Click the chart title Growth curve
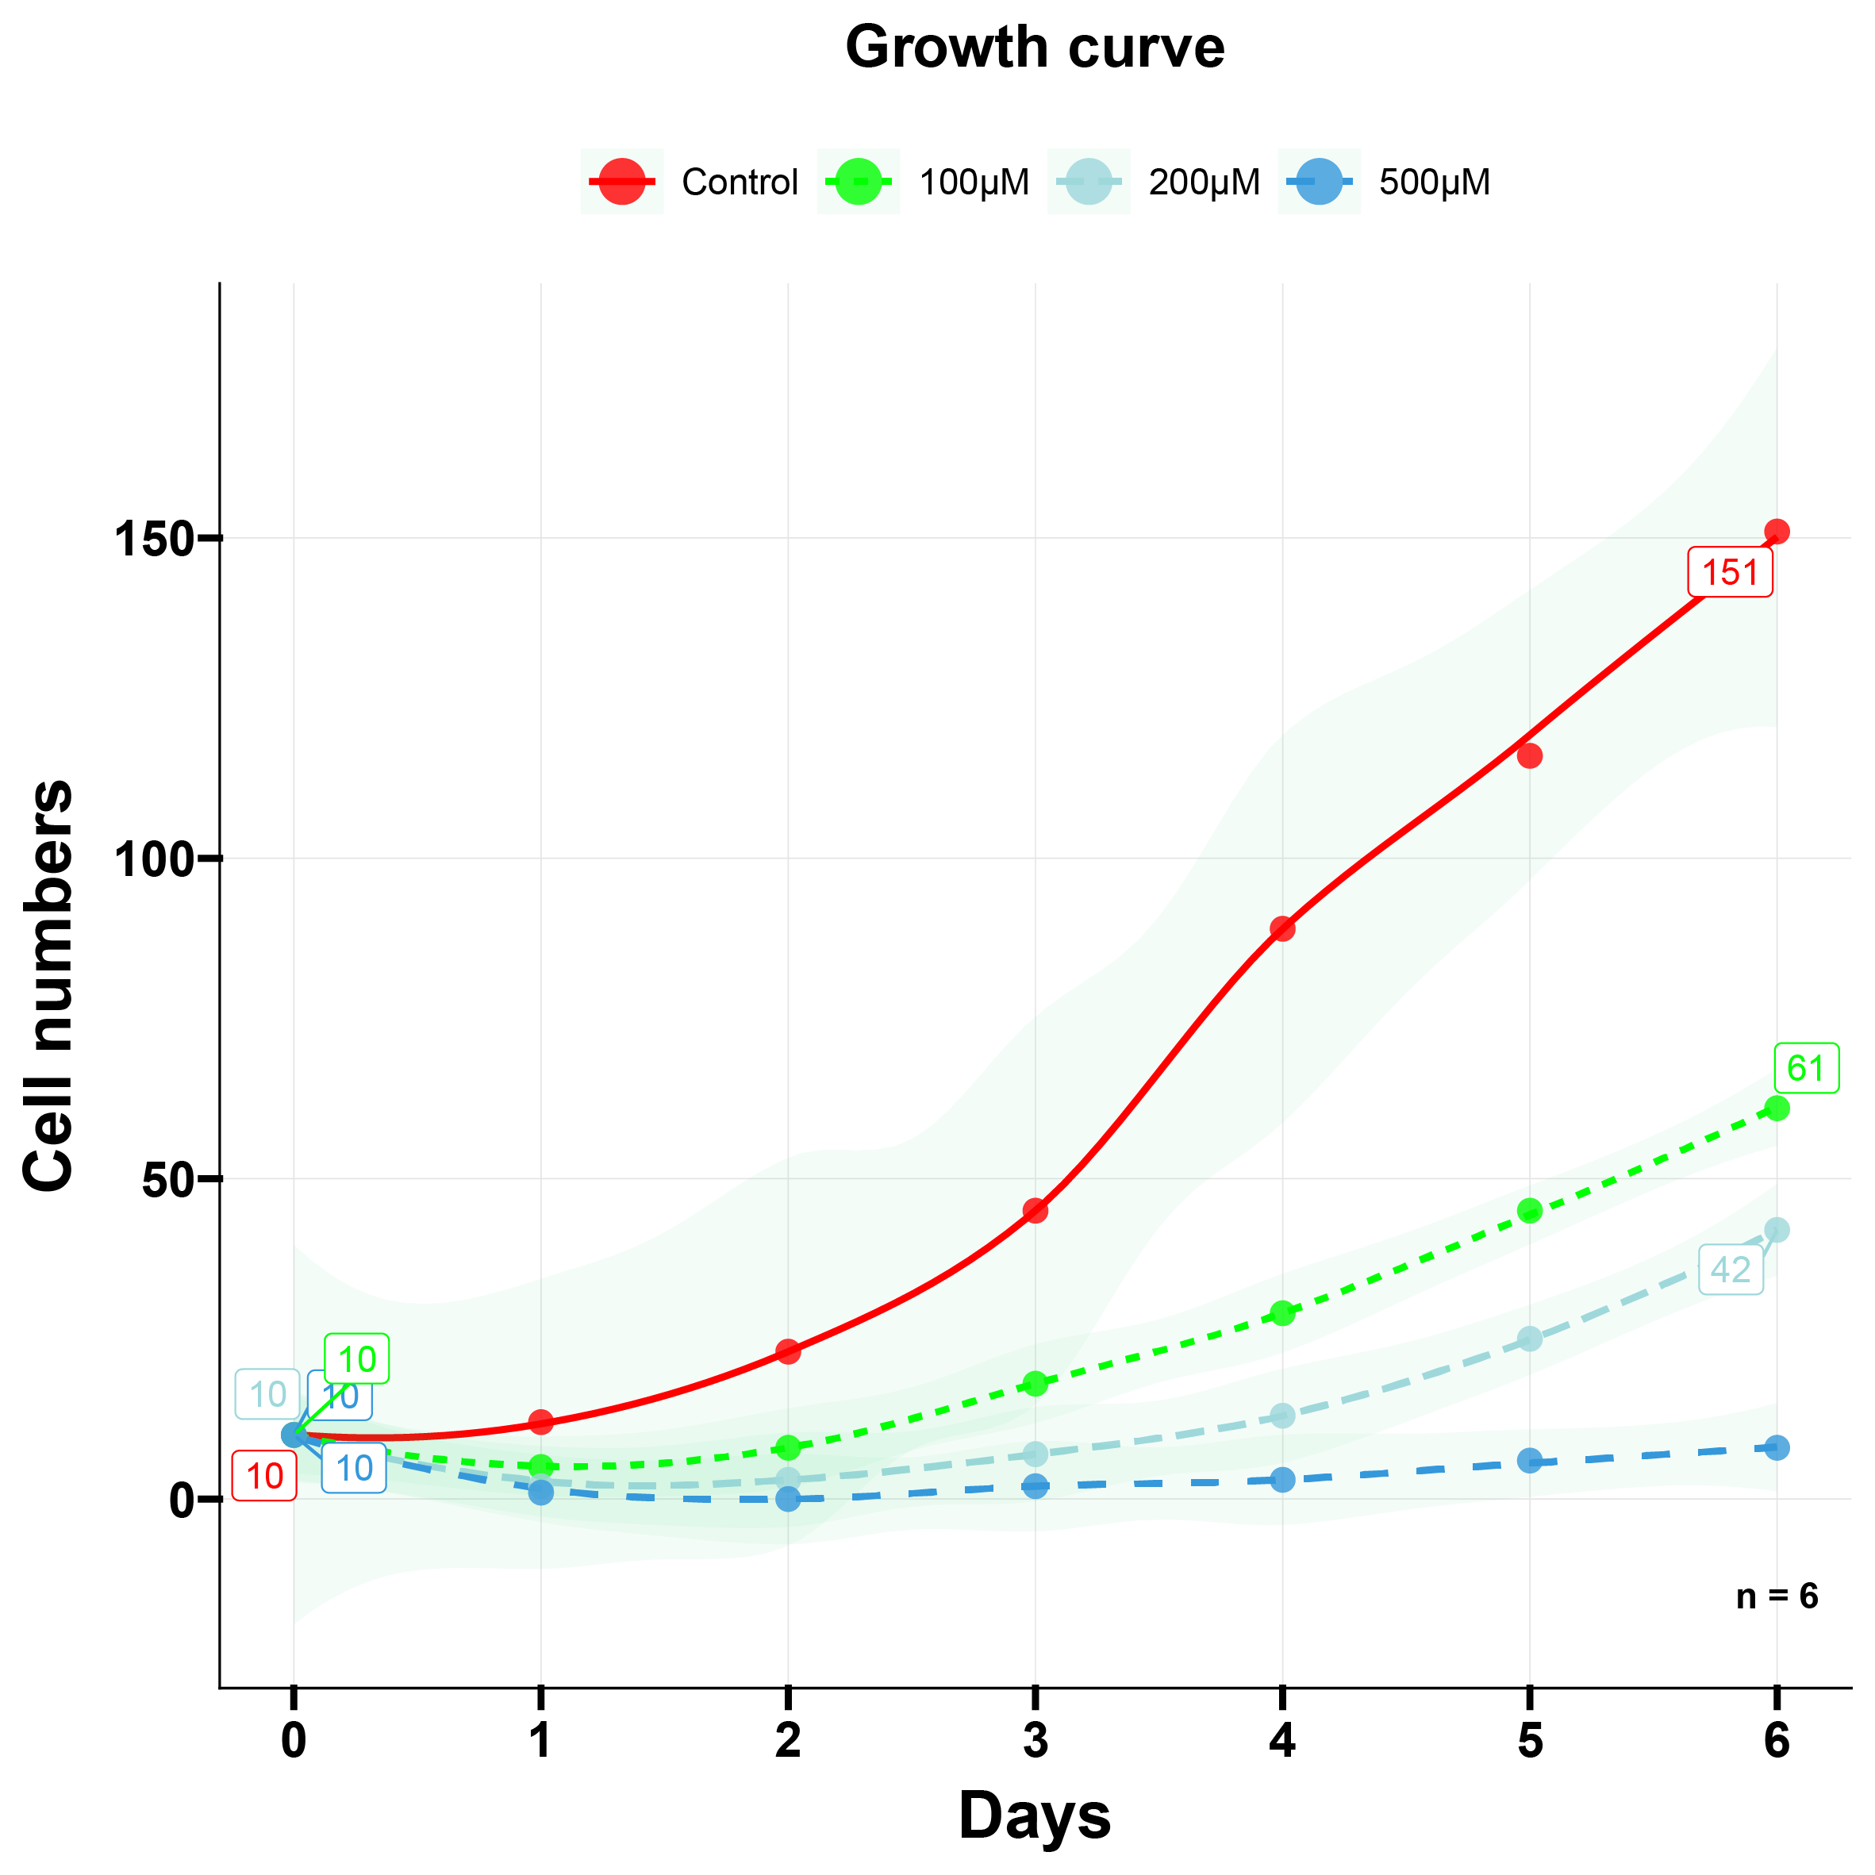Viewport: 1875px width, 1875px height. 1035,47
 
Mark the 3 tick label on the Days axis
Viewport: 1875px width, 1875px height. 1035,1741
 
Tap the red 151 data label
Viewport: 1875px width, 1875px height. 1731,573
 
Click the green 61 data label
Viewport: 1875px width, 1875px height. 1806,1069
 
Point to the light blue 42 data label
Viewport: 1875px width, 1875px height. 1731,1270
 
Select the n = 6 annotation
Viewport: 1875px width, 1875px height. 1777,1596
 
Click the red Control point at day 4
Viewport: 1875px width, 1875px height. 1282,928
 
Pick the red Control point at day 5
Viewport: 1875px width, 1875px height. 1530,756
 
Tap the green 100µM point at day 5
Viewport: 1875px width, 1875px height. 1530,1210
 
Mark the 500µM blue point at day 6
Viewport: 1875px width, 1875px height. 1777,1448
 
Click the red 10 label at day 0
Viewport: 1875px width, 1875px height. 265,1476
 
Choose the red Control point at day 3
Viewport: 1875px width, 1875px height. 1035,1210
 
